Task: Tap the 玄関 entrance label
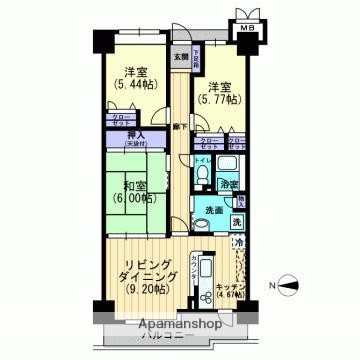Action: pos(181,57)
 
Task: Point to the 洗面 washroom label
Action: pos(214,210)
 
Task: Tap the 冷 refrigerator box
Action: pos(239,243)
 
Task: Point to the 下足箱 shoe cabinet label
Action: pos(198,56)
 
